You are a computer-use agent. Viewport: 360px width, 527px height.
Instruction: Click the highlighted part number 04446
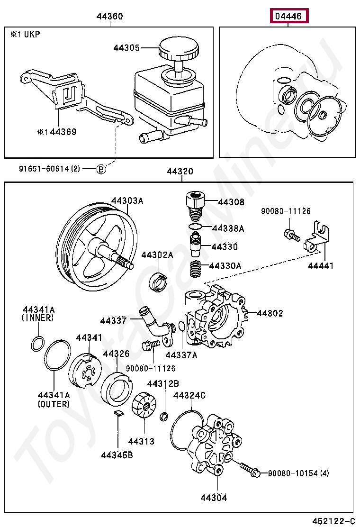pyautogui.click(x=289, y=16)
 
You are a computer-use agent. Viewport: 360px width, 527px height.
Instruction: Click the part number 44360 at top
pyautogui.click(x=109, y=16)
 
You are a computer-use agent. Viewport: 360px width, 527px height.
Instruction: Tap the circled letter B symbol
pyautogui.click(x=101, y=169)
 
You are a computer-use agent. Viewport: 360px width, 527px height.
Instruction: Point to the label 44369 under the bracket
pyautogui.click(x=60, y=132)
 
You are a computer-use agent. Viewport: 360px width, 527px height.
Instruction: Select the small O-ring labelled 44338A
pyautogui.click(x=195, y=227)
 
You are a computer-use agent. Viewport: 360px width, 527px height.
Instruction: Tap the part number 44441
pyautogui.click(x=321, y=265)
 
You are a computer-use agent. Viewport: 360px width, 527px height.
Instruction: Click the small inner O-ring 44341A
pyautogui.click(x=38, y=343)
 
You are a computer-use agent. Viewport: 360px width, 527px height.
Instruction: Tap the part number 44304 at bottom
pyautogui.click(x=213, y=497)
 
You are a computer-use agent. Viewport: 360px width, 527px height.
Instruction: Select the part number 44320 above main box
pyautogui.click(x=180, y=172)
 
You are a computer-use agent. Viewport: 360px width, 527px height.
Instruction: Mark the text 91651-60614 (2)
pyautogui.click(x=50, y=169)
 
